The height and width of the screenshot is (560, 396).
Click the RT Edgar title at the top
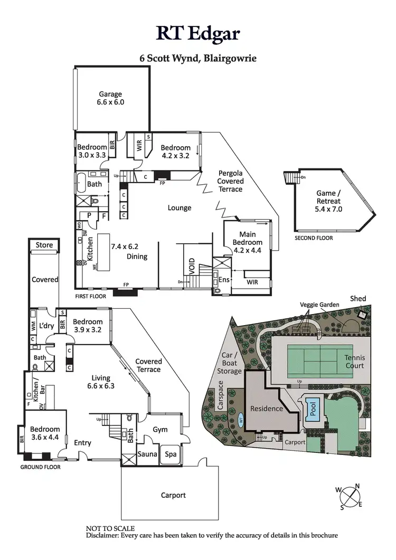pos(198,33)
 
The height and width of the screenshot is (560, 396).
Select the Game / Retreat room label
pos(328,201)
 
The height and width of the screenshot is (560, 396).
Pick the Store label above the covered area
pos(44,245)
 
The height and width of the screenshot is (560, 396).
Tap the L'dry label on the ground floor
pos(46,326)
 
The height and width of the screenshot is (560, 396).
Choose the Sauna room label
pos(148,454)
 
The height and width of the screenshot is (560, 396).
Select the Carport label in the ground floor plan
pos(173,495)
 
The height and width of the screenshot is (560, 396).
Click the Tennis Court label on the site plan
pos(354,362)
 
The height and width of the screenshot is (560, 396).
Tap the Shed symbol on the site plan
pos(362,314)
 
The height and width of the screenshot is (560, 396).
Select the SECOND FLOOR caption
pos(314,238)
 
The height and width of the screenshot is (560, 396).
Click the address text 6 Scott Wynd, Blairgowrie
pos(198,58)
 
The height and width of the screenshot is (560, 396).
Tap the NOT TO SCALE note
pos(110,528)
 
